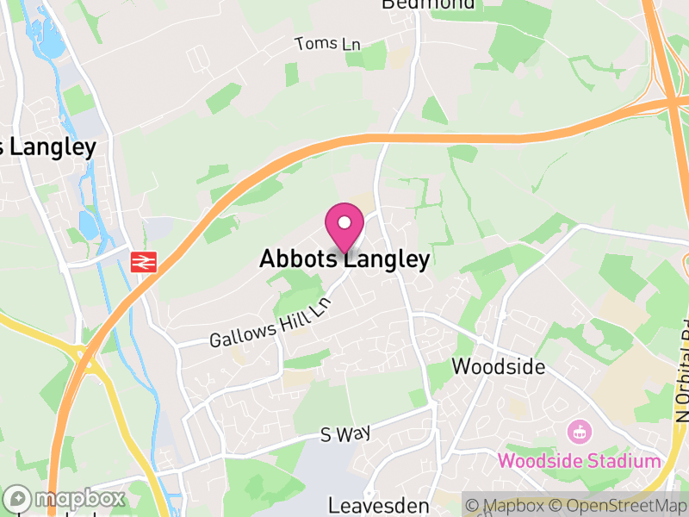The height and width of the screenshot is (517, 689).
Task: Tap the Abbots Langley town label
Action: tap(344, 259)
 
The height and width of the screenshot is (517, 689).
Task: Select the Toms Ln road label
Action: tap(327, 44)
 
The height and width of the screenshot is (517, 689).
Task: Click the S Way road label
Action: tap(344, 434)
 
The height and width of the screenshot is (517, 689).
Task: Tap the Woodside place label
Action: tap(499, 366)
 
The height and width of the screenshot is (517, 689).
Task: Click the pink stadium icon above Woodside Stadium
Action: tap(580, 431)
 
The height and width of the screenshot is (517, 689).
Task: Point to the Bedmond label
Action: tap(428, 4)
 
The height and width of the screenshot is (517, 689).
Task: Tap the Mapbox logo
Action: tap(66, 499)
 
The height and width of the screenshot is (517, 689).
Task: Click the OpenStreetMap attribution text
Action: tap(621, 505)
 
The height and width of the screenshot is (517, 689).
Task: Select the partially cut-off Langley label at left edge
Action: tap(47, 146)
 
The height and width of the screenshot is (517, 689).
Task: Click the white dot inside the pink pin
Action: tap(344, 222)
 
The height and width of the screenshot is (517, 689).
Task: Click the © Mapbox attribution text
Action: tap(508, 505)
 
